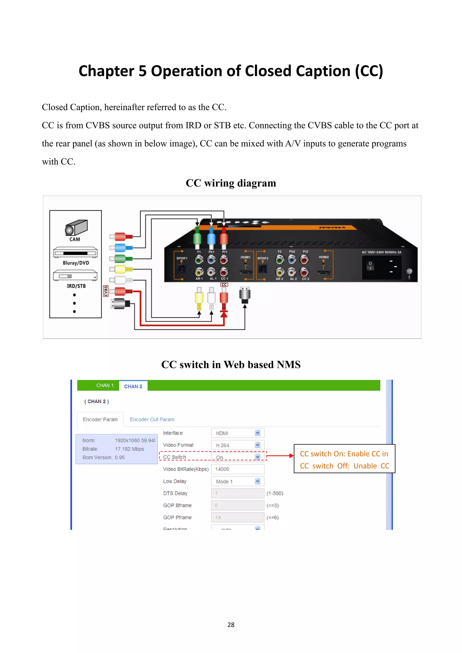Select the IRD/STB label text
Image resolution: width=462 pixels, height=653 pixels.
tap(76, 286)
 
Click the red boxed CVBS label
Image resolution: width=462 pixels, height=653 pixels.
tap(106, 291)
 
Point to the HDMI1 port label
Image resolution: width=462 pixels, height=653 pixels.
tap(245, 257)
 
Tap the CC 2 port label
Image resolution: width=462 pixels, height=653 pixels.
tap(305, 279)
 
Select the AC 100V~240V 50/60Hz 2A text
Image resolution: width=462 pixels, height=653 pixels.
tap(381, 252)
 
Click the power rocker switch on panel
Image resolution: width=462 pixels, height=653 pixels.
tap(370, 266)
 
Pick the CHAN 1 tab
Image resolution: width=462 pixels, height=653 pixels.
tap(105, 385)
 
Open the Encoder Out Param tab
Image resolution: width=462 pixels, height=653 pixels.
tap(152, 419)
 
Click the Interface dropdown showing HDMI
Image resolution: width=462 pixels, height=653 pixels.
tap(238, 433)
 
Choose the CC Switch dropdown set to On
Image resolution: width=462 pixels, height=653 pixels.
tap(238, 457)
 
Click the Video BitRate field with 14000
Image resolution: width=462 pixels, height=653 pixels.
tap(238, 469)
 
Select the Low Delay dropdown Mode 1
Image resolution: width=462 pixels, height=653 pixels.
tap(238, 481)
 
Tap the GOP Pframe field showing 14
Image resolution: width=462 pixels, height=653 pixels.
tap(238, 517)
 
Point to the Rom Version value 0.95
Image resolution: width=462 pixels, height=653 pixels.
tap(120, 457)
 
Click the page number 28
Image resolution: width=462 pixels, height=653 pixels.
tap(231, 625)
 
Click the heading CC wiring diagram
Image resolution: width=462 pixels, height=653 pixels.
tap(231, 183)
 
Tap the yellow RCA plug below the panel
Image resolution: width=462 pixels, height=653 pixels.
tap(199, 298)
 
